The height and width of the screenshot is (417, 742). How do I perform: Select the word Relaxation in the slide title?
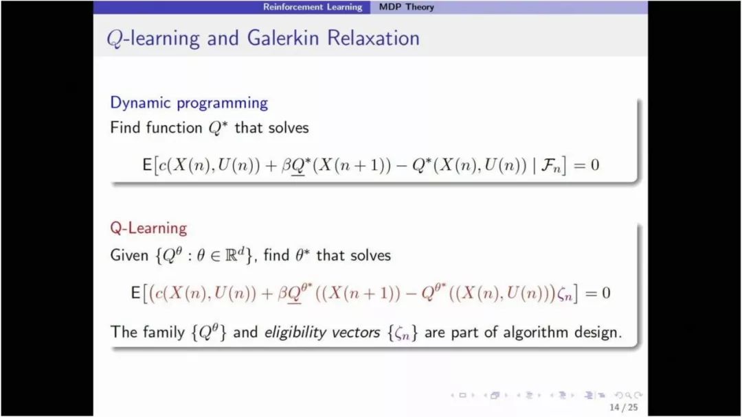tap(373, 38)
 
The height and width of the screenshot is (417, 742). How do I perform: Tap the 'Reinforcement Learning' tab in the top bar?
tap(313, 7)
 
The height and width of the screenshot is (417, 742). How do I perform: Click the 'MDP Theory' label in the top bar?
tap(407, 7)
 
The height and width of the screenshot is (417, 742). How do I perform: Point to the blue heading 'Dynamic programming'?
tap(189, 103)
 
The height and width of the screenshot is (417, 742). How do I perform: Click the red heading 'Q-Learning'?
tap(148, 228)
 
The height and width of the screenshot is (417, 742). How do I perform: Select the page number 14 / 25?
tap(624, 407)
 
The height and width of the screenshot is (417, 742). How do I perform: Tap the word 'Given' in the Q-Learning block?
tap(129, 256)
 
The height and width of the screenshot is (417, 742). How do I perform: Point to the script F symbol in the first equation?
tap(548, 165)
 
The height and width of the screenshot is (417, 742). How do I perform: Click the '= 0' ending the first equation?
tap(587, 165)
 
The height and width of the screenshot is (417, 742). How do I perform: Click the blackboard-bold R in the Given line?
tap(231, 256)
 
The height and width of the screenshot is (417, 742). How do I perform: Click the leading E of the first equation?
tap(147, 165)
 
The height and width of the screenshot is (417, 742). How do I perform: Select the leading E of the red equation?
tap(135, 294)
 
